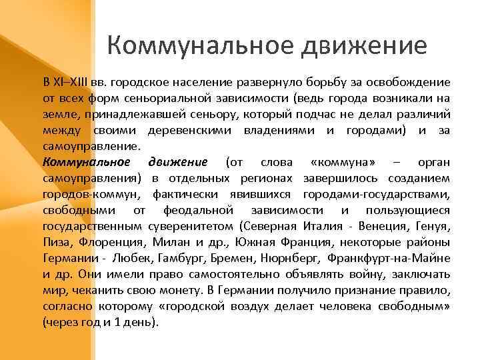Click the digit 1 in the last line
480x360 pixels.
tap(117, 322)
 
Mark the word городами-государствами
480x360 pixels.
tap(376, 194)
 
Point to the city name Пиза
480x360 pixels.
tap(55, 242)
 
